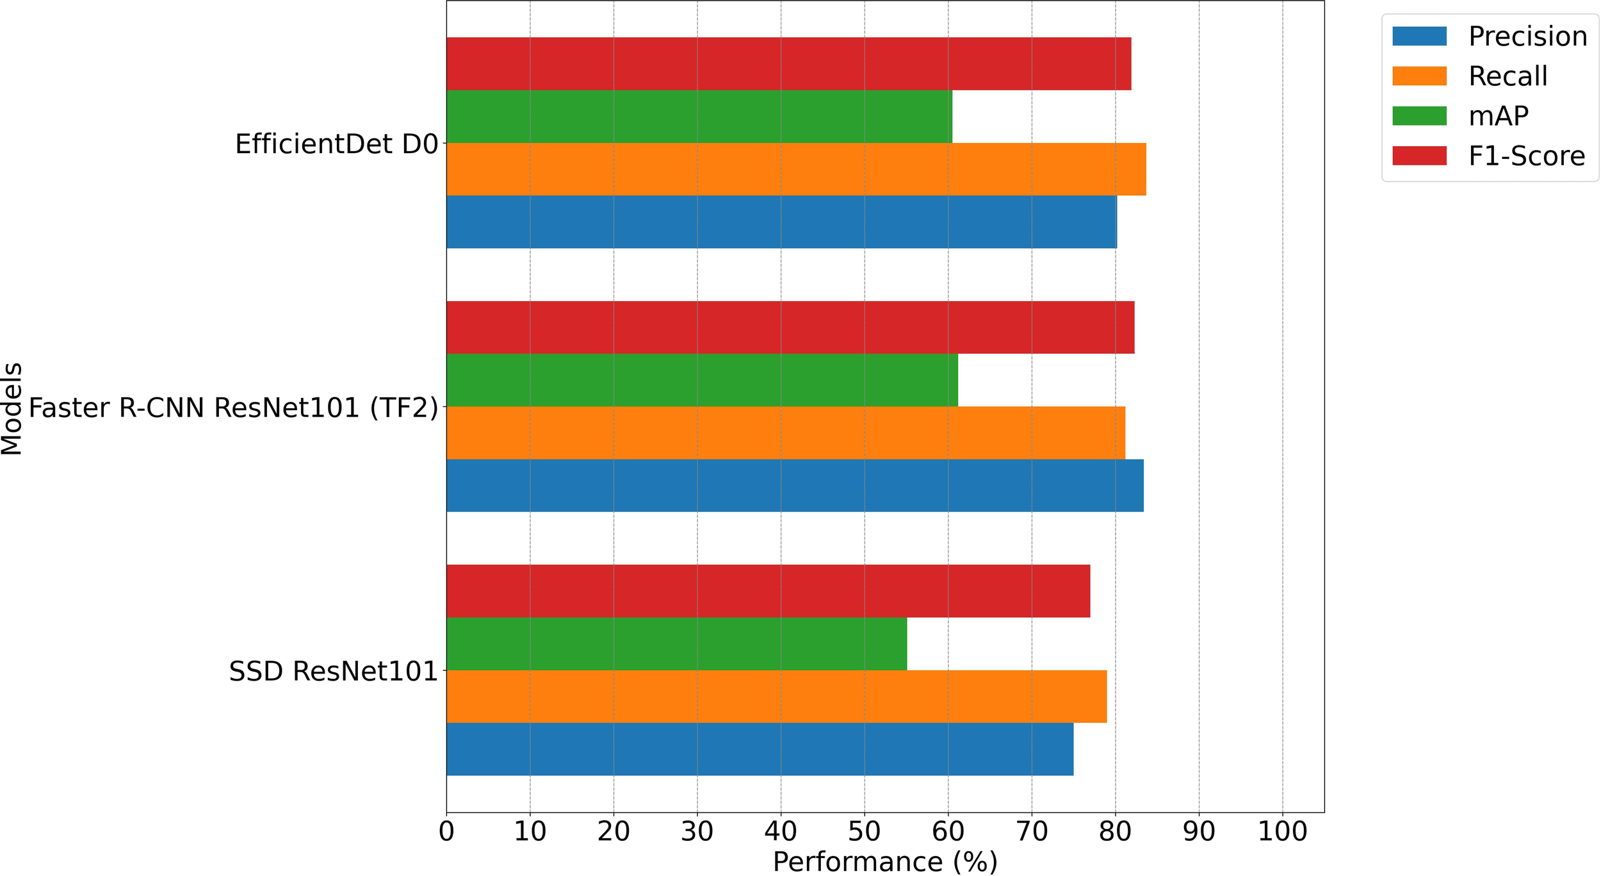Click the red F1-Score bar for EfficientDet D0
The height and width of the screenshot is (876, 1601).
[788, 63]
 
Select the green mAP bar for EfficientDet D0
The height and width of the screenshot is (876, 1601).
[698, 116]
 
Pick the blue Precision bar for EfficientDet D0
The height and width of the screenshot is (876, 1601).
[781, 222]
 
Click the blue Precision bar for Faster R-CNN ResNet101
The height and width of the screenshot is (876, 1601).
[794, 485]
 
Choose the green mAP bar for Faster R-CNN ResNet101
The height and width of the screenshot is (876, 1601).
[701, 379]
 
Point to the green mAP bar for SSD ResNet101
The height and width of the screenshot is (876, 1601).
[676, 643]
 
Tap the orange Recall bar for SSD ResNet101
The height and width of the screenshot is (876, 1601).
[776, 697]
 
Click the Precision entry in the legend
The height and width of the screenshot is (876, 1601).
[1527, 37]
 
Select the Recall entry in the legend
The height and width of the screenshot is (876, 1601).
[1508, 76]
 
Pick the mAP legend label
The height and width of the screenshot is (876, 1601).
[1498, 116]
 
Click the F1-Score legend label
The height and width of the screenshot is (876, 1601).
[1526, 156]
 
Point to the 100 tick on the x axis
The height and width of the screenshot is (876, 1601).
[1282, 832]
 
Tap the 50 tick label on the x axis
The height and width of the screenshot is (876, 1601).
[864, 832]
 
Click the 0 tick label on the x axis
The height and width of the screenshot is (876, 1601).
[446, 832]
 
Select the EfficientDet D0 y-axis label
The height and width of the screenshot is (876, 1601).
[336, 144]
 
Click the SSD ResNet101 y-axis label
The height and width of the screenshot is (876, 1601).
[333, 671]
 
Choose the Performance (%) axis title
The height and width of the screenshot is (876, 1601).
[884, 862]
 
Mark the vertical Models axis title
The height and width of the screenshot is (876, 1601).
[12, 408]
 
